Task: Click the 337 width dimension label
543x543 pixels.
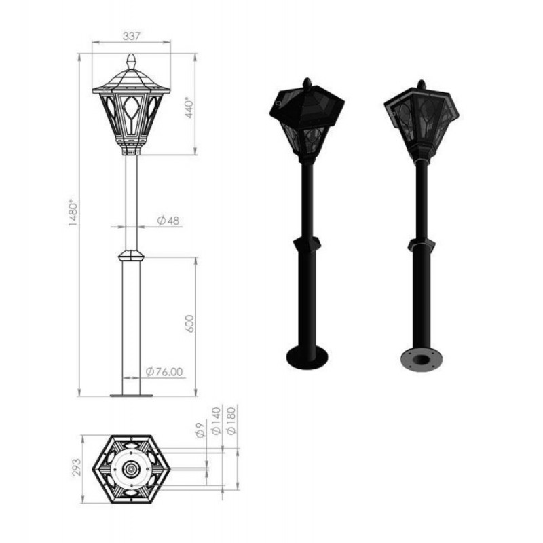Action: click(x=131, y=36)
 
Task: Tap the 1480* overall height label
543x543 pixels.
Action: click(x=74, y=212)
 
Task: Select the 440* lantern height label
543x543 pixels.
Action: click(x=189, y=107)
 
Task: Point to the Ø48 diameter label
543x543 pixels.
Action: click(x=168, y=220)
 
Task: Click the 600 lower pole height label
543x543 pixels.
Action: click(x=189, y=324)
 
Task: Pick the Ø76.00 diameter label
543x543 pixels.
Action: click(x=164, y=371)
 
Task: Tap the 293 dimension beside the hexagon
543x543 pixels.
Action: click(x=77, y=467)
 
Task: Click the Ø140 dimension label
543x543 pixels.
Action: click(x=216, y=421)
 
